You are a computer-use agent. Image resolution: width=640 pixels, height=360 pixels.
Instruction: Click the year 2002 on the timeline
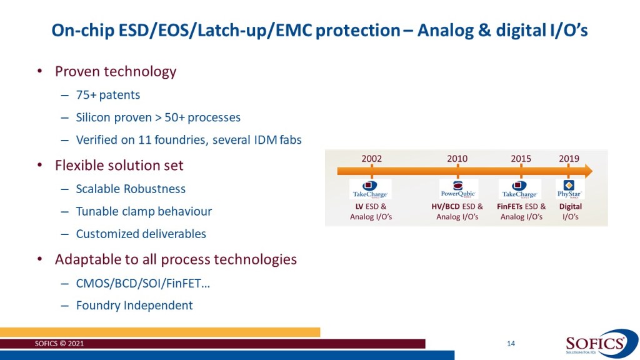click(x=371, y=159)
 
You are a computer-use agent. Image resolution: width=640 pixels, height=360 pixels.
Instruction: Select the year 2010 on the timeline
click(x=457, y=159)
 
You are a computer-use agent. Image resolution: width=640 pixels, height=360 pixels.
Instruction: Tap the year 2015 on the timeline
click(x=521, y=159)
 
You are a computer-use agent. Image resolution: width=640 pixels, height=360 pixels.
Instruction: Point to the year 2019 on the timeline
click(x=569, y=159)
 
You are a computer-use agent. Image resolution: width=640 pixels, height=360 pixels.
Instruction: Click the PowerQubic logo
click(x=458, y=189)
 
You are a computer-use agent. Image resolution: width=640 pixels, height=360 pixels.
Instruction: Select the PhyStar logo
click(x=569, y=189)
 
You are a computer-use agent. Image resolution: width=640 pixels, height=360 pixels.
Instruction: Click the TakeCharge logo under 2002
click(x=371, y=189)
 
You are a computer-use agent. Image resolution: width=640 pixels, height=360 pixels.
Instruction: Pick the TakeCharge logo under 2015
click(x=520, y=189)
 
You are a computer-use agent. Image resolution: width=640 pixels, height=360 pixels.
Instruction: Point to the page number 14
click(x=511, y=343)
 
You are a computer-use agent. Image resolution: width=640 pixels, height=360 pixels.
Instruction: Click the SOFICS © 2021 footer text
click(x=58, y=344)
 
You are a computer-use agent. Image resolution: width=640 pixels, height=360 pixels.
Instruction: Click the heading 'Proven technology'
click(x=116, y=71)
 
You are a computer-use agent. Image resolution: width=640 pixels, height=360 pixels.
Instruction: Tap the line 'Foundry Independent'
click(x=134, y=306)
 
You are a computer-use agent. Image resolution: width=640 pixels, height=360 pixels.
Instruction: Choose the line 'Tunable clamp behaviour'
click(x=143, y=211)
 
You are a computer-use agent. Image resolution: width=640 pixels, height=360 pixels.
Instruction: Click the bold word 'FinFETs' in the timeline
click(x=510, y=206)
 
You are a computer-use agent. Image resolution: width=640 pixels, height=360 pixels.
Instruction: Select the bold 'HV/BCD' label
click(x=446, y=206)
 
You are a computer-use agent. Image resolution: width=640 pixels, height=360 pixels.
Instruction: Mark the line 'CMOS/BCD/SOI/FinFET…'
click(x=142, y=282)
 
